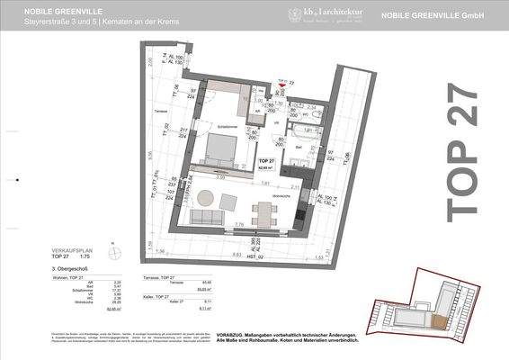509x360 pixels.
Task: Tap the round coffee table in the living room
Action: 207,220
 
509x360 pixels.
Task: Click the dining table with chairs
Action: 265,213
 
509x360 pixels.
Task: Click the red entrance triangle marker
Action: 256,83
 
